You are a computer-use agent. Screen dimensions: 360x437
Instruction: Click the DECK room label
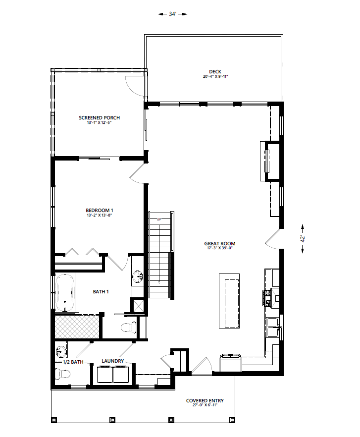(x=215, y=72)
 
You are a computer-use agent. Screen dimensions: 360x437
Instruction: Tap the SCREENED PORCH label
(x=99, y=117)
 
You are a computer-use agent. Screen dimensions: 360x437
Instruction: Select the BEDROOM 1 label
(x=99, y=211)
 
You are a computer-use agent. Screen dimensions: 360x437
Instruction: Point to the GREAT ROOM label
(x=219, y=243)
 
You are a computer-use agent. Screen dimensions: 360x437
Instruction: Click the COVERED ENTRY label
(x=205, y=400)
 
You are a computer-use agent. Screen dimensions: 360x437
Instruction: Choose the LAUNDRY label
(x=112, y=361)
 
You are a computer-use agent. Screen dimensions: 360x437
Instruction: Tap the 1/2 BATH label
(x=73, y=362)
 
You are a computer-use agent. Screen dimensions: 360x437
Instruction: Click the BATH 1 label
(x=101, y=291)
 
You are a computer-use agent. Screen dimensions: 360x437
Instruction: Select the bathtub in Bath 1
(x=65, y=293)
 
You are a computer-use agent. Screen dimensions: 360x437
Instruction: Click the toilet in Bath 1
(x=129, y=327)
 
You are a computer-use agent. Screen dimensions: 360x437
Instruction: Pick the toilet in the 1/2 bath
(x=63, y=374)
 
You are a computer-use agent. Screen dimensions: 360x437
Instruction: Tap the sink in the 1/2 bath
(x=60, y=352)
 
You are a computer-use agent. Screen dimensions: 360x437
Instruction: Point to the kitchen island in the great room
(x=229, y=301)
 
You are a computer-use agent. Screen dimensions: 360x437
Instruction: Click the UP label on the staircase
(x=159, y=219)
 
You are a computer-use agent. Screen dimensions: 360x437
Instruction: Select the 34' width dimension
(x=172, y=14)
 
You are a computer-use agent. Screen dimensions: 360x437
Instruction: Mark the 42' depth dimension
(x=303, y=239)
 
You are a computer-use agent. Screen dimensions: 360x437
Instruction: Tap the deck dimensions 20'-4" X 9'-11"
(x=215, y=77)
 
